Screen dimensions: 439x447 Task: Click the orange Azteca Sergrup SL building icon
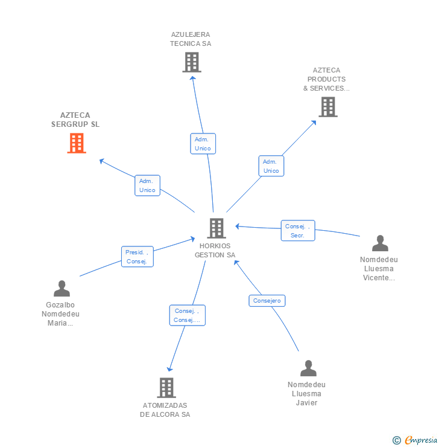point(77,143)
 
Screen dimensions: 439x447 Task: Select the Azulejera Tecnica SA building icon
point(191,62)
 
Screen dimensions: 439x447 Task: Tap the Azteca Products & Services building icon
point(327,107)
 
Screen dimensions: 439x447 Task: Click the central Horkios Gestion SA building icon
point(216,228)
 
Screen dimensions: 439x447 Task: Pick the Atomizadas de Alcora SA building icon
point(166,387)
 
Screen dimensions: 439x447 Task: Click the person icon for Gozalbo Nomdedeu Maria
point(62,289)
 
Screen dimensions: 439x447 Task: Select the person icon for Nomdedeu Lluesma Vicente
point(380,243)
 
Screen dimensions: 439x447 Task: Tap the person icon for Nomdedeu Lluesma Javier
point(308,368)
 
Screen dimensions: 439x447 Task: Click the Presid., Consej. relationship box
point(137,257)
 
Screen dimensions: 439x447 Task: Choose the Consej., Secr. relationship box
point(298,231)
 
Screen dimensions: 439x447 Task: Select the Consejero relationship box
point(267,300)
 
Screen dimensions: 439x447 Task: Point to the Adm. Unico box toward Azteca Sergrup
point(147,185)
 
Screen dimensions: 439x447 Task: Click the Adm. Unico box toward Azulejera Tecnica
point(203,143)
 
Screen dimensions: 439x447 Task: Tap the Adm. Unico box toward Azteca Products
point(271,166)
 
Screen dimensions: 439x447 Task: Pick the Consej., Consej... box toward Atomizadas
point(187,315)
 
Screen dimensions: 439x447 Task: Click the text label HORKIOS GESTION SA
point(215,251)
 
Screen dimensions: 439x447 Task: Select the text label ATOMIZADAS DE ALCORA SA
point(165,410)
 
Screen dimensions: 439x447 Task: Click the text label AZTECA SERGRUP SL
point(75,120)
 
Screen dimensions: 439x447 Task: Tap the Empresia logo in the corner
point(417,440)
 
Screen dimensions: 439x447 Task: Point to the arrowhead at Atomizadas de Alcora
point(170,368)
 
